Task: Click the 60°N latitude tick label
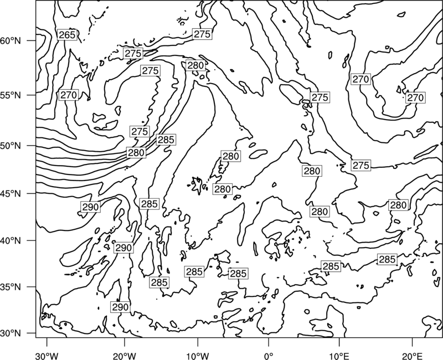click(x=11, y=40)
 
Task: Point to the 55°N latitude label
click(x=11, y=95)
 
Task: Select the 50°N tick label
click(x=11, y=146)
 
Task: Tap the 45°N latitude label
click(x=11, y=193)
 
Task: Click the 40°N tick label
click(x=11, y=241)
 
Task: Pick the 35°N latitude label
click(x=11, y=287)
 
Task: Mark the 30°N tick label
click(x=11, y=333)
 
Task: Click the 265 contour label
click(x=67, y=35)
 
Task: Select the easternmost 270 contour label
click(x=415, y=98)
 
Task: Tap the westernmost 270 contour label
click(x=69, y=95)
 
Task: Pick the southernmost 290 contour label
click(x=120, y=307)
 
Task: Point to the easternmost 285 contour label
click(x=387, y=259)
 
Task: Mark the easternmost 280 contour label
click(x=398, y=205)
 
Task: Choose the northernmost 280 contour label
click(x=195, y=65)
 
